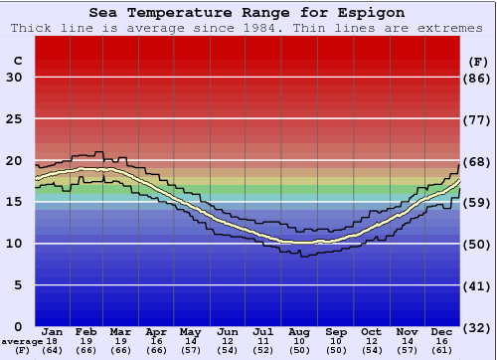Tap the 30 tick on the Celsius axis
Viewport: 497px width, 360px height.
coord(14,78)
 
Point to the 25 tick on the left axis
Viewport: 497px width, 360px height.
coord(14,119)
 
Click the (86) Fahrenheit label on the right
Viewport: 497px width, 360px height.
coord(478,78)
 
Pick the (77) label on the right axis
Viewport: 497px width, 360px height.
coord(478,119)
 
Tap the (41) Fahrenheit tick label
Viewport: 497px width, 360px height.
coord(478,285)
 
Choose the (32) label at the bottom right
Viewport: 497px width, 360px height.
coord(478,327)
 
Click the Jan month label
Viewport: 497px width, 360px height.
coord(53,331)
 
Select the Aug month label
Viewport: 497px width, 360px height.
coord(298,331)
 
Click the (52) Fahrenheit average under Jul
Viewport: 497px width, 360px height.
coord(263,350)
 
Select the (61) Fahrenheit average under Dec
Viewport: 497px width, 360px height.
coord(439,350)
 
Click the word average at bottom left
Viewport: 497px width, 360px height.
coord(17,341)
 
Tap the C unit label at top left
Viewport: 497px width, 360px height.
coord(17,61)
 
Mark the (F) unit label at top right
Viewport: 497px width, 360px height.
coord(478,61)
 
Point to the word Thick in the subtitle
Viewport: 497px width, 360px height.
coord(32,28)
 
